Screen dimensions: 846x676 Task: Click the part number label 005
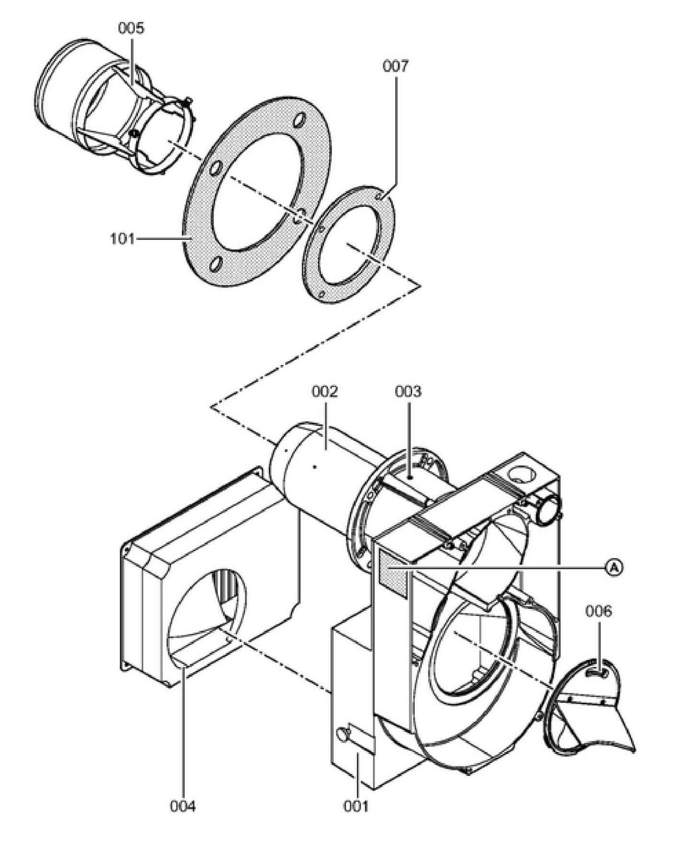pyautogui.click(x=131, y=28)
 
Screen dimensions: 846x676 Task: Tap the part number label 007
pyautogui.click(x=396, y=66)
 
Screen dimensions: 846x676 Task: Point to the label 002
pyautogui.click(x=325, y=391)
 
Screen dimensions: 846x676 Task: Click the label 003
pyautogui.click(x=408, y=391)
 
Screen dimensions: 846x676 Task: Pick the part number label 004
pyautogui.click(x=183, y=807)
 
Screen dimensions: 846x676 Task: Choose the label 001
pyautogui.click(x=356, y=807)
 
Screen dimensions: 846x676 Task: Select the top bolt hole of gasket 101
pyautogui.click(x=301, y=119)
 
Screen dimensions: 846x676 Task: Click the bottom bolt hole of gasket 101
pyautogui.click(x=216, y=263)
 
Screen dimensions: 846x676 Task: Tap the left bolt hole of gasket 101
pyautogui.click(x=216, y=169)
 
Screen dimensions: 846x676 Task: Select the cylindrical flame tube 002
pyautogui.click(x=316, y=465)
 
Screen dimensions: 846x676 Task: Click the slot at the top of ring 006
pyautogui.click(x=597, y=674)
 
